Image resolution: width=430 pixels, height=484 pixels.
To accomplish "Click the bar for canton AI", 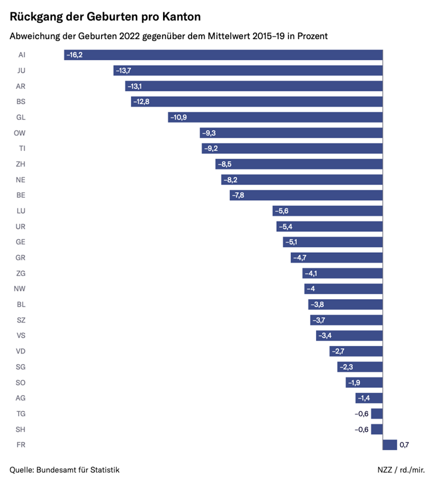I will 223,55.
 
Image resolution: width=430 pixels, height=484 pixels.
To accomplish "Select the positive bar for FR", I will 390,445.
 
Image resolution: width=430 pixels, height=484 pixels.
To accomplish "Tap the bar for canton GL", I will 275,117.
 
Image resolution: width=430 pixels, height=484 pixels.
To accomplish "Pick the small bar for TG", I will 377,414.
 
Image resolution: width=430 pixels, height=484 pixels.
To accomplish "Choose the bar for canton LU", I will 327,211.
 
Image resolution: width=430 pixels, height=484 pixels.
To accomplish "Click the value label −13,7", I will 123,71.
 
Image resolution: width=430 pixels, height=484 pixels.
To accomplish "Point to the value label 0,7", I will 404,445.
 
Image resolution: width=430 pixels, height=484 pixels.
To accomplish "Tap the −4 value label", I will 311,289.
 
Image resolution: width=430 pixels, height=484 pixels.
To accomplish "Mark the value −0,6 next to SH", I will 362,430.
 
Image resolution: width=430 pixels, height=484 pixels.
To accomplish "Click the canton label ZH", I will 20,164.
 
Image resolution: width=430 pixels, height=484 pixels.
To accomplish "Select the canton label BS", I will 20,102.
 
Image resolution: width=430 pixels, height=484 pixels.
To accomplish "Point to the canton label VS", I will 20,336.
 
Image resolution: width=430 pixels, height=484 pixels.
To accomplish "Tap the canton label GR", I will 20,258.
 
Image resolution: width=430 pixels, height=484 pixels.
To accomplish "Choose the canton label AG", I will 20,398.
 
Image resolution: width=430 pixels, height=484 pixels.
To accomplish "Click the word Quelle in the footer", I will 22,470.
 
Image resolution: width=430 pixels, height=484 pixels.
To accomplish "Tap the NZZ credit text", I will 386,470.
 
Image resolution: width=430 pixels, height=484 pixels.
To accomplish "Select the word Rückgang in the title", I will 36,16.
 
